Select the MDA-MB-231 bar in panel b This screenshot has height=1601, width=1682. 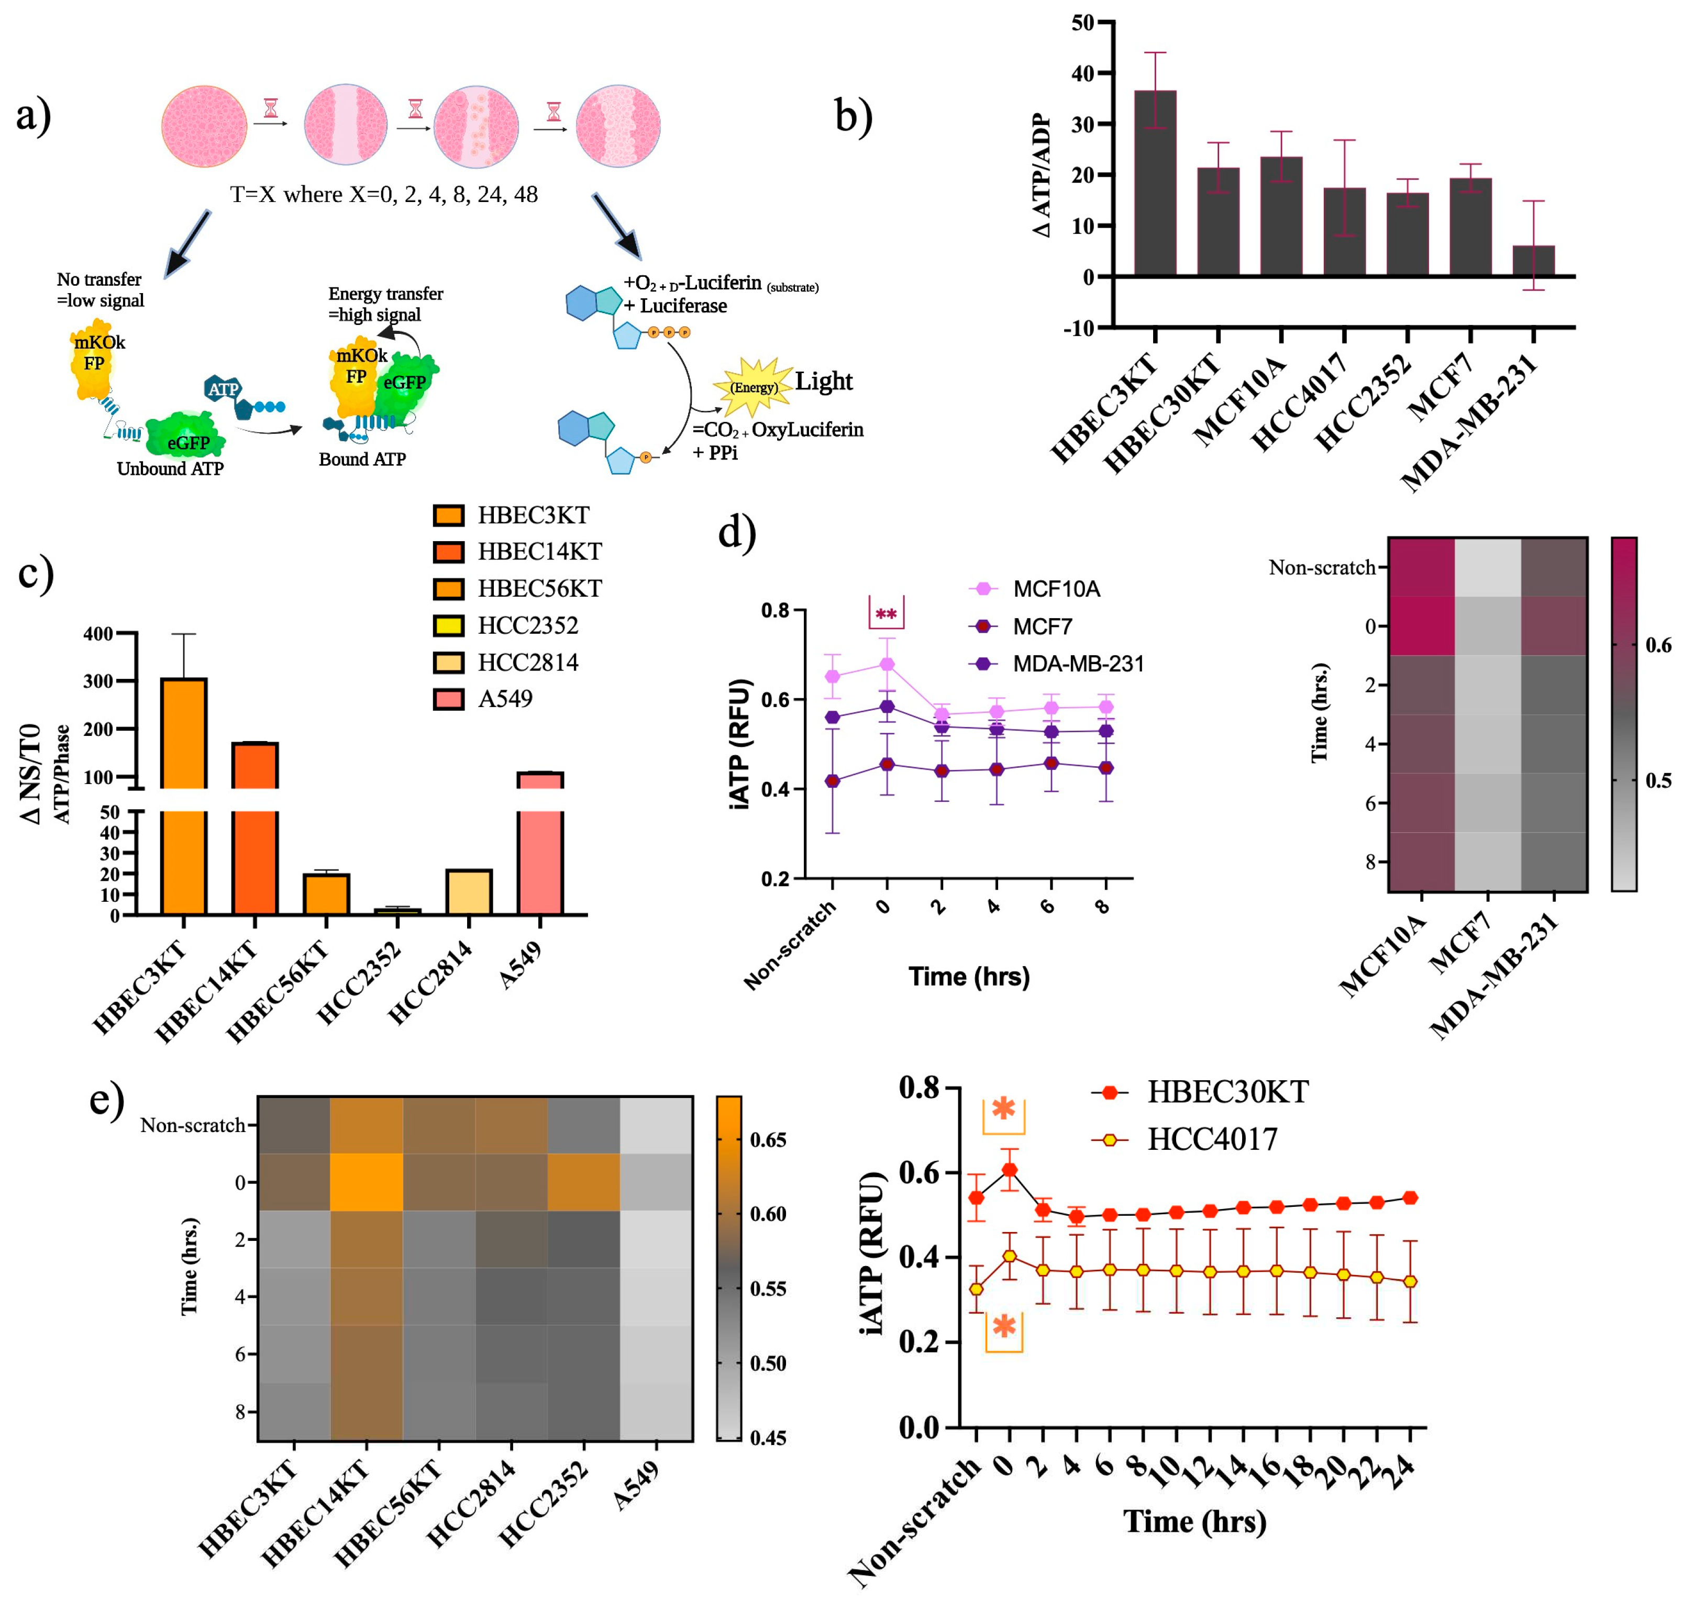(1533, 260)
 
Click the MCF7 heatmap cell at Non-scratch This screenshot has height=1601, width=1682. (1487, 567)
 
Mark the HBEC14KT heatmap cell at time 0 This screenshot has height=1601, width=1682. (366, 1182)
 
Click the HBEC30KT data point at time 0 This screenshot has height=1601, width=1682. (1009, 1170)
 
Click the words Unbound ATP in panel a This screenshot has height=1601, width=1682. (170, 468)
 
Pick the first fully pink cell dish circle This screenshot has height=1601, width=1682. (204, 126)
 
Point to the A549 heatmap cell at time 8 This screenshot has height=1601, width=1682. (656, 1412)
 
